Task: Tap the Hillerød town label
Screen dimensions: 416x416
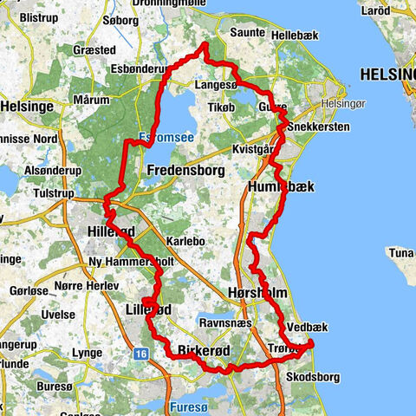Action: pos(112,231)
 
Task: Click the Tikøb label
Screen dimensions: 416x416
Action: pos(223,108)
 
